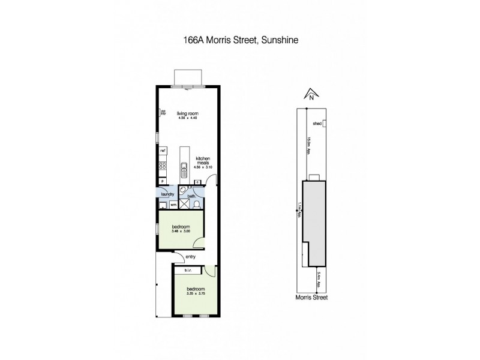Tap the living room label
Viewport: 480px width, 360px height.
[x=188, y=113]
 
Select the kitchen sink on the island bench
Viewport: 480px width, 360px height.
[x=184, y=167]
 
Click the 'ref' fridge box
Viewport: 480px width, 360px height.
[x=162, y=150]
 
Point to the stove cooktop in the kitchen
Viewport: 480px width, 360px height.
[x=162, y=166]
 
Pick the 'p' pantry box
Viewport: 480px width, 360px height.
[x=161, y=180]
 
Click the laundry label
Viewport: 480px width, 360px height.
[x=168, y=194]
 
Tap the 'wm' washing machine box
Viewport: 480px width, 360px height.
[x=173, y=205]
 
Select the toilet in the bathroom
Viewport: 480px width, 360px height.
[x=196, y=205]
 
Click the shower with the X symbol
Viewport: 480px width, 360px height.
[x=184, y=205]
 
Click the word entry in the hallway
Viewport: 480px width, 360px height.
[x=191, y=257]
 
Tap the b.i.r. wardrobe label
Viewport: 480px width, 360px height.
[x=188, y=271]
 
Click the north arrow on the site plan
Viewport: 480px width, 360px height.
[x=311, y=94]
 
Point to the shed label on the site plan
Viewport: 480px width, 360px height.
[x=317, y=124]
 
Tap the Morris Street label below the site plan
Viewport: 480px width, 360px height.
[x=311, y=297]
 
